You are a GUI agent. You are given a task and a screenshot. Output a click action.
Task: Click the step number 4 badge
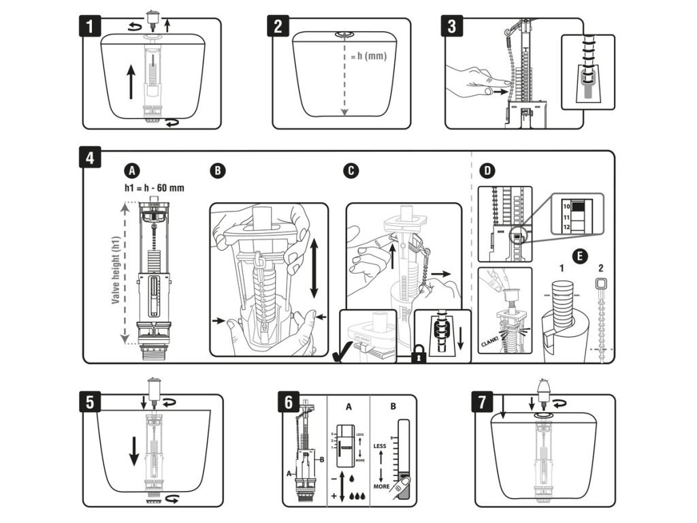pyautogui.click(x=90, y=159)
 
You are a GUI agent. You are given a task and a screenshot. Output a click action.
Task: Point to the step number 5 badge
pyautogui.click(x=90, y=401)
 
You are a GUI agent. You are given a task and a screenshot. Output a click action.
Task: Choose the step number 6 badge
pyautogui.click(x=289, y=402)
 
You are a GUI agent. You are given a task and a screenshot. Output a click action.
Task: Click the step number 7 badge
pyautogui.click(x=482, y=401)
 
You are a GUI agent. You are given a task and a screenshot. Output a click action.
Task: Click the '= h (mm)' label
pyautogui.click(x=369, y=56)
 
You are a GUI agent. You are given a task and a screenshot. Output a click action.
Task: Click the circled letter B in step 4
pyautogui.click(x=216, y=170)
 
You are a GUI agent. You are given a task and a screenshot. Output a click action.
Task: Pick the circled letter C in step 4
pyautogui.click(x=351, y=170)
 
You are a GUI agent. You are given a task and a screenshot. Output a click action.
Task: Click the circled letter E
pyautogui.click(x=579, y=257)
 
